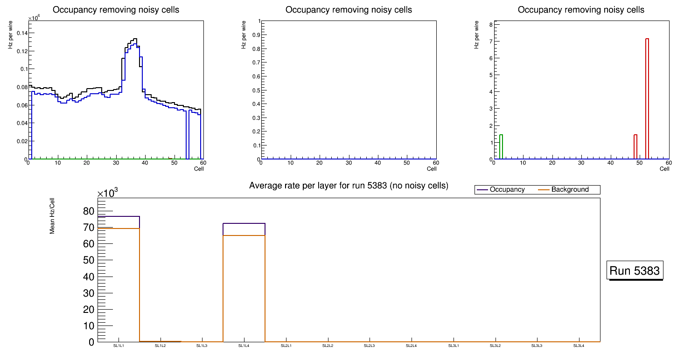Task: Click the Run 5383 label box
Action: [635, 270]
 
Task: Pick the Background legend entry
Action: [570, 190]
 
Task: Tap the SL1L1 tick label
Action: [119, 346]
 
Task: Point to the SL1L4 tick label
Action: [244, 346]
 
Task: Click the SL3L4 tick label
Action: [579, 346]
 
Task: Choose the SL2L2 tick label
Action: [328, 346]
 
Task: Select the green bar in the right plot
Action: [501, 145]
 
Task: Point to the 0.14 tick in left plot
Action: [21, 33]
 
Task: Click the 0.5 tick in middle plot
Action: [255, 90]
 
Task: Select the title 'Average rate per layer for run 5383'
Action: [349, 186]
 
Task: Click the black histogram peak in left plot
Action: [135, 39]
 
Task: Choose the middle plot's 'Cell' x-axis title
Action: [432, 169]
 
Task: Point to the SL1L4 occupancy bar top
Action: [244, 223]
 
